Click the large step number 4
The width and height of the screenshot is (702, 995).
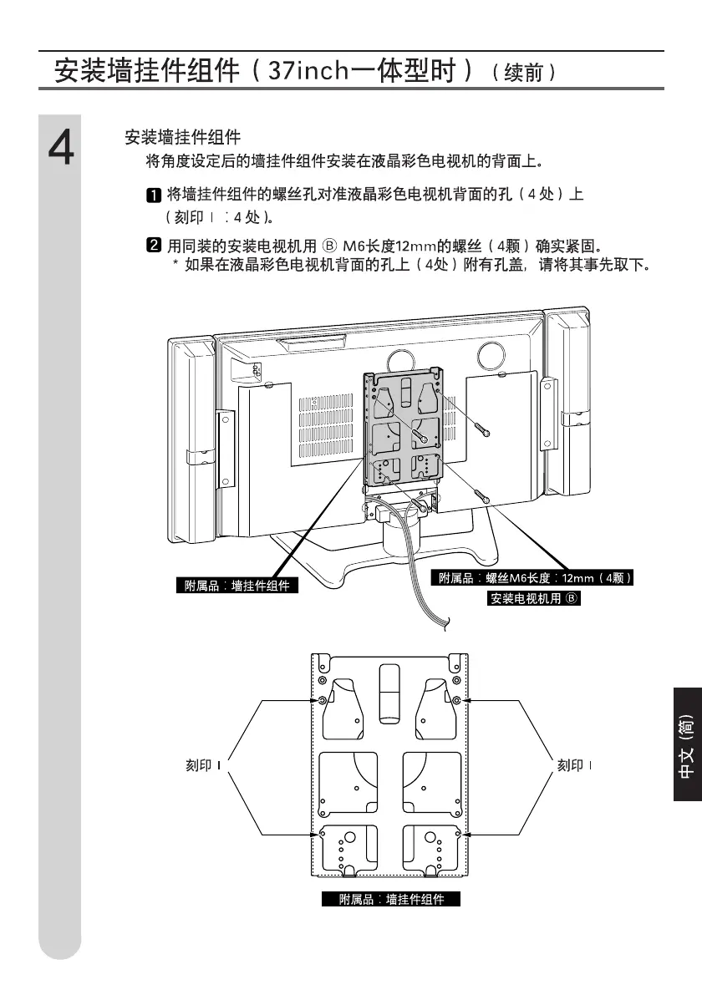coord(60,150)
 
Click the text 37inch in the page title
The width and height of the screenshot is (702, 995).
coord(307,69)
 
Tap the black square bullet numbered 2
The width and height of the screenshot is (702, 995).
coord(154,246)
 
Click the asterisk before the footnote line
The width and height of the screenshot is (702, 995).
coord(175,266)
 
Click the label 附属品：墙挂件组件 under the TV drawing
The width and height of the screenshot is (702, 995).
coord(237,586)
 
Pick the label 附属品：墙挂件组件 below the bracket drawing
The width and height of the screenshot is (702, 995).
coord(391,900)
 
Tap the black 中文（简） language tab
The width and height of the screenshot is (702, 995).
coord(686,745)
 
